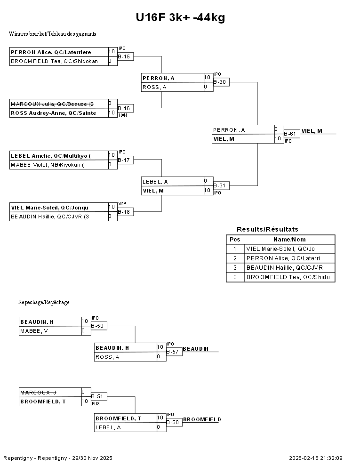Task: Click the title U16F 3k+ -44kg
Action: (180, 18)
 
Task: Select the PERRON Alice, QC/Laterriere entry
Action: (51, 52)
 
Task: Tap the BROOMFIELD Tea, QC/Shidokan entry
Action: (54, 61)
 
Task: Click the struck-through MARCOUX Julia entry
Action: (52, 104)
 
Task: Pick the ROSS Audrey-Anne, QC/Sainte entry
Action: (53, 113)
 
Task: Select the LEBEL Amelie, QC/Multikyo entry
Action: (50, 155)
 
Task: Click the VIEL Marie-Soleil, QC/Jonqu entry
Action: (49, 207)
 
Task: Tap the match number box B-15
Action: (126, 56)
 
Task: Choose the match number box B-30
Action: (221, 82)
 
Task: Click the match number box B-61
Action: (292, 134)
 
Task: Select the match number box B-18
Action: (126, 212)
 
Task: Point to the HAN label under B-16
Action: (122, 115)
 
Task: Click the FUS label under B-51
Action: (96, 404)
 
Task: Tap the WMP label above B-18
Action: (122, 203)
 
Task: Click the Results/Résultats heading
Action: (267, 229)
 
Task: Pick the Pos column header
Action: (235, 240)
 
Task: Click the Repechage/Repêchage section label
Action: (44, 302)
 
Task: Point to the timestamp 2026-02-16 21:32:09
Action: (315, 458)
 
